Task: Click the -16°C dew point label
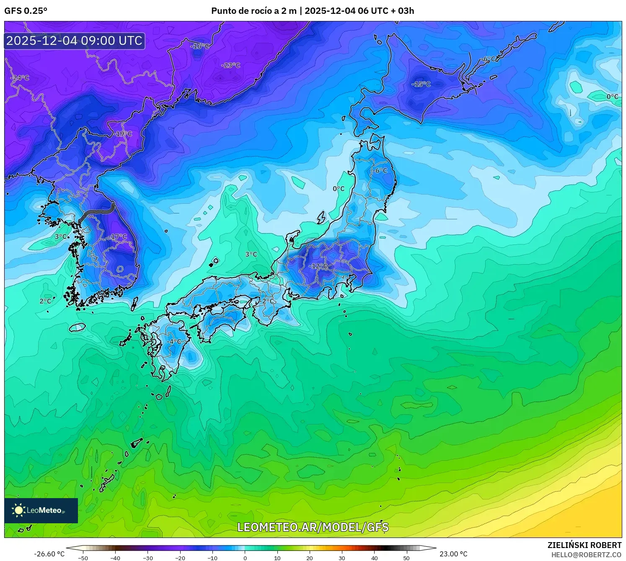[200, 46]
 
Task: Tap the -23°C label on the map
[231, 65]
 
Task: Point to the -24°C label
[20, 78]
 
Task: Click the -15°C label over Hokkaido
[421, 84]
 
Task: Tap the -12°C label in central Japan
[318, 266]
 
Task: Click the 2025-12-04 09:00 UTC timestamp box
[75, 41]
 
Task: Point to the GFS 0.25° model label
[26, 11]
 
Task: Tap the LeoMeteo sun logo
[18, 510]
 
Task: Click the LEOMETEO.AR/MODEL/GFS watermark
[313, 527]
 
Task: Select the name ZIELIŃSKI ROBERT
[585, 545]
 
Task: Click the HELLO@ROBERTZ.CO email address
[586, 555]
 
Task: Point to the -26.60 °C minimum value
[49, 554]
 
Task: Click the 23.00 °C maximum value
[453, 554]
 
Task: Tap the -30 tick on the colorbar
[148, 558]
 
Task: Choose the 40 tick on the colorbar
[374, 558]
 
